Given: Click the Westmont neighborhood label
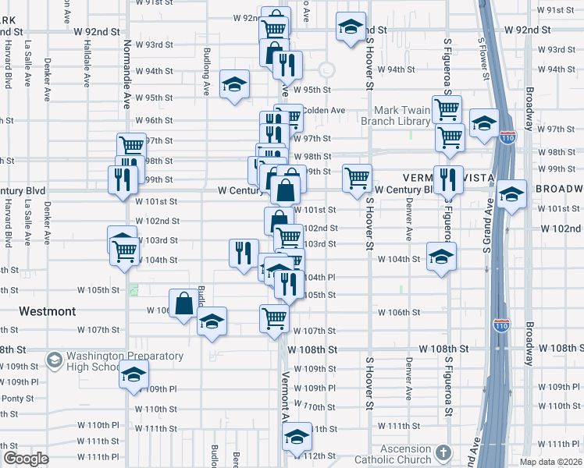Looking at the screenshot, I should (47, 311).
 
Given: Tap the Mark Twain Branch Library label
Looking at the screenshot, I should (402, 115).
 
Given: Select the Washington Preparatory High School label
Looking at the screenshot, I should (125, 362).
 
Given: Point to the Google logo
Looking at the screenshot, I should (26, 459).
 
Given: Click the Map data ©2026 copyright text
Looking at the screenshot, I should (551, 462).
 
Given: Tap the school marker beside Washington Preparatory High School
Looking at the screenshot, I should (134, 375).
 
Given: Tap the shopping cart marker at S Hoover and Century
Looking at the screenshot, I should (357, 178).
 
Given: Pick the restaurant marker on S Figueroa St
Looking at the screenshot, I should (447, 179).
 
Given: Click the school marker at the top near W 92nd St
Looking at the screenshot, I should (351, 27).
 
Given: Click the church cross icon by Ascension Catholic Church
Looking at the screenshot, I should (443, 452).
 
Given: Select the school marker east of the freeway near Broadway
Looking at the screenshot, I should (512, 195).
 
